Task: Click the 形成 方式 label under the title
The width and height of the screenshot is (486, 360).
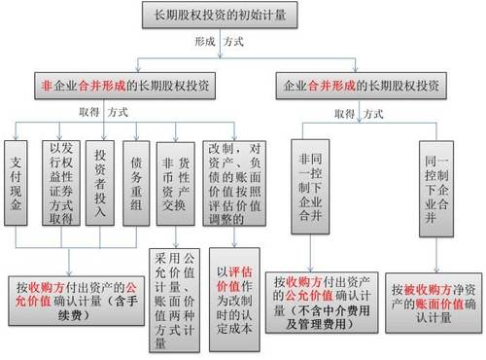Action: [x=219, y=44]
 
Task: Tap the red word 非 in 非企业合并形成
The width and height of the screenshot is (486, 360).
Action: [x=47, y=86]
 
